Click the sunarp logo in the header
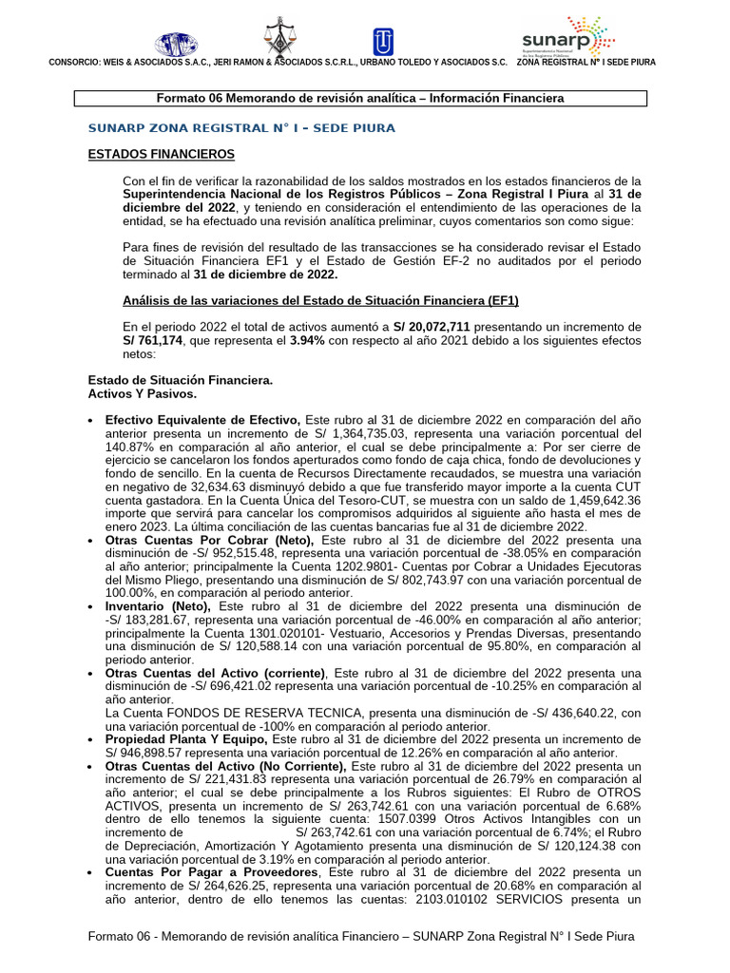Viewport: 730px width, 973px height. coord(567,36)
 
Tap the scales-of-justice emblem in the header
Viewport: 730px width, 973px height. coord(279,36)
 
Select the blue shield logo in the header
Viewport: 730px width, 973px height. coord(383,42)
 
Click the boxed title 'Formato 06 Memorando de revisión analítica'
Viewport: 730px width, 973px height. coord(360,98)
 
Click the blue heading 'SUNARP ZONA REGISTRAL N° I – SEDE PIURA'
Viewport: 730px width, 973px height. coord(241,127)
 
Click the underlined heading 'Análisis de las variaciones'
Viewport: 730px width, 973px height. coord(320,301)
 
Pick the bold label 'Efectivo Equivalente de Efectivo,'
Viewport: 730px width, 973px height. coord(202,420)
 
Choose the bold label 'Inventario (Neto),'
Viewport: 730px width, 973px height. coord(160,606)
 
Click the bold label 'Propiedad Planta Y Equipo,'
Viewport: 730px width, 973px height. coord(187,739)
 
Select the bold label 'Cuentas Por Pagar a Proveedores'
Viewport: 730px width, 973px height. coord(215,871)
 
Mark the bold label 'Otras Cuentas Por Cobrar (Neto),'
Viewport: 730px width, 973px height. coord(212,540)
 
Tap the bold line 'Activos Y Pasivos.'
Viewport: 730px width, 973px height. coord(142,393)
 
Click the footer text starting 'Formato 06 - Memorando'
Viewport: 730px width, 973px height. coord(360,936)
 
